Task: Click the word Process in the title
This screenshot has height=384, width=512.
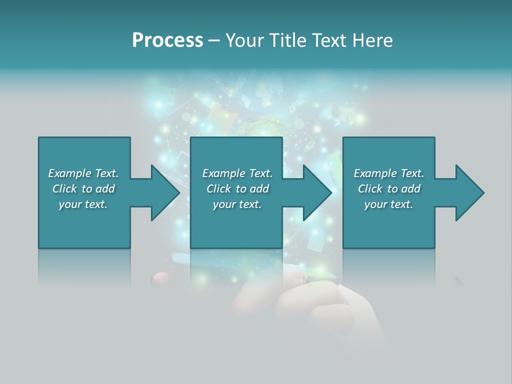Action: [x=167, y=41]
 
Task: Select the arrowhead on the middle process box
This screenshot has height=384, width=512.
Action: [x=317, y=193]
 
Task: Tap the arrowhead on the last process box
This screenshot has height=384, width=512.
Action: [x=469, y=193]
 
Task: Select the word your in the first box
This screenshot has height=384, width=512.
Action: [x=70, y=205]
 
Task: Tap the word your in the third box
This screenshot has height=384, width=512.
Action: [x=375, y=205]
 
